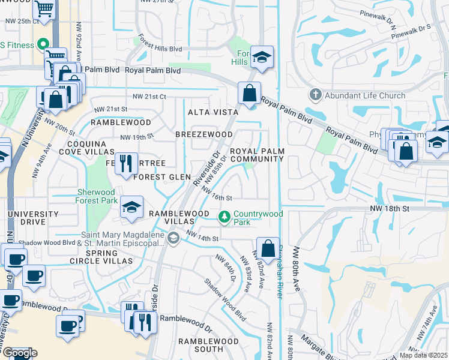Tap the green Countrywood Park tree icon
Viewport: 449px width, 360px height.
tap(224, 215)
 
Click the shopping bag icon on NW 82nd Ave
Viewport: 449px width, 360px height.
tap(267, 247)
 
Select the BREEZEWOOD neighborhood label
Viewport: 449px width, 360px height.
tap(203, 134)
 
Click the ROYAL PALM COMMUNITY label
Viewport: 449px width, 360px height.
tap(256, 154)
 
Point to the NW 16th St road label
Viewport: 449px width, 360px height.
tap(216, 194)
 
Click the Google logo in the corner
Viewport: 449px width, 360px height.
tap(19, 353)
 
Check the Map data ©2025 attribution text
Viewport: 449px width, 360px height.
tap(423, 355)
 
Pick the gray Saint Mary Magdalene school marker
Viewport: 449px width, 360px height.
tap(173, 239)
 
